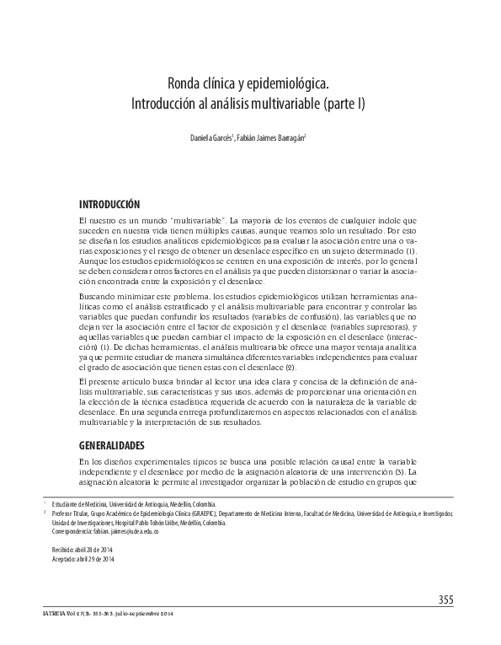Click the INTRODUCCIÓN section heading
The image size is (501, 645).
click(109, 205)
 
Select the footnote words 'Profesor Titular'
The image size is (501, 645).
click(72, 513)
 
